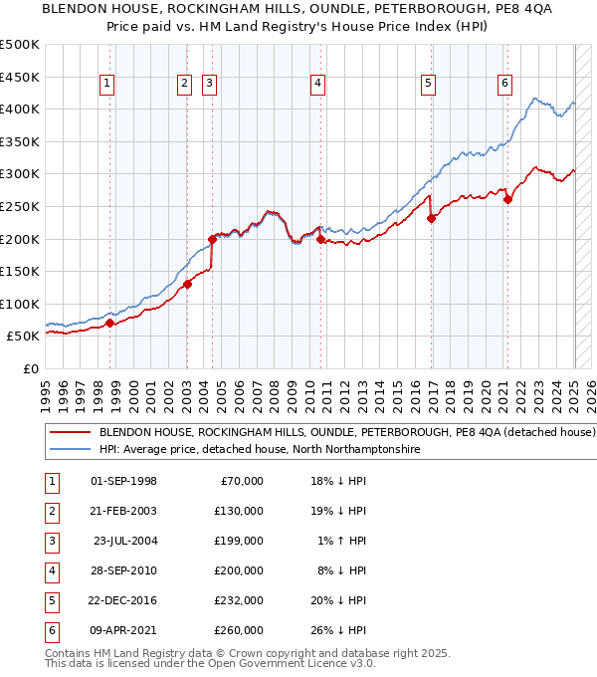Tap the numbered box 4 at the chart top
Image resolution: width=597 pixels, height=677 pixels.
coord(316,84)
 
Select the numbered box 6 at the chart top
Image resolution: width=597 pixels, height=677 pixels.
coord(505,84)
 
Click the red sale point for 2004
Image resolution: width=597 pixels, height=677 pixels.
coord(212,239)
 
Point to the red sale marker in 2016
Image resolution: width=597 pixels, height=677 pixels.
coord(431,218)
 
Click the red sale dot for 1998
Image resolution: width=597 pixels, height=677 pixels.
coord(109,323)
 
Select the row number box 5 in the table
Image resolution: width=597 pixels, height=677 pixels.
coord(50,600)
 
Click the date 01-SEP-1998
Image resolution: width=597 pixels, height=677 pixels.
coord(123,481)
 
